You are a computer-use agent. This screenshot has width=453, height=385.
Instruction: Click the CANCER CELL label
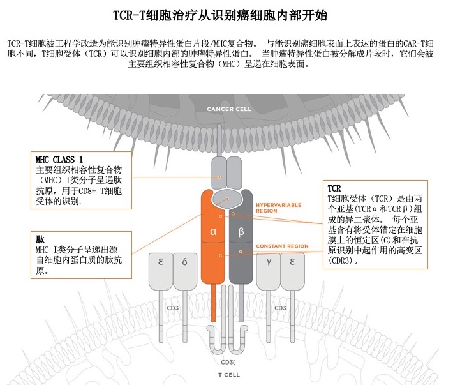[228, 109]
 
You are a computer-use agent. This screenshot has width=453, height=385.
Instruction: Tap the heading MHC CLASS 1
[59, 158]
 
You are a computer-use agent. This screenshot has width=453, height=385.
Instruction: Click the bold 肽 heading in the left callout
[40, 239]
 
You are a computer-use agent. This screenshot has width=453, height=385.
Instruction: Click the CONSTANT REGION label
[282, 246]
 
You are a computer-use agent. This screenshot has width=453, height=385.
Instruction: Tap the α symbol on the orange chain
[214, 232]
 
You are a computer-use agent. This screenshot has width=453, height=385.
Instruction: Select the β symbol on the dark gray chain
[241, 232]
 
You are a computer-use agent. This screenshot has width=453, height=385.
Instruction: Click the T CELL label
[228, 374]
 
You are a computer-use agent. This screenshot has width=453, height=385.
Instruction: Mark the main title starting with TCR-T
[226, 14]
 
